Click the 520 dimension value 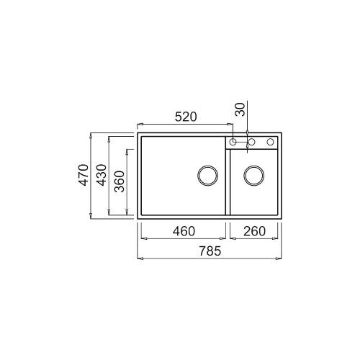click(x=184, y=117)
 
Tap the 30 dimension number click(x=240, y=109)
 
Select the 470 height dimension click(x=83, y=175)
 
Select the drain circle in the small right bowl click(x=253, y=175)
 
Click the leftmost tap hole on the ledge click(x=233, y=141)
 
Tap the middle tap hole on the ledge click(x=252, y=141)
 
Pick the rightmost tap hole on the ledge click(x=271, y=141)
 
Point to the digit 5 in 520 click(x=175, y=117)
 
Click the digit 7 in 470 click(x=83, y=175)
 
